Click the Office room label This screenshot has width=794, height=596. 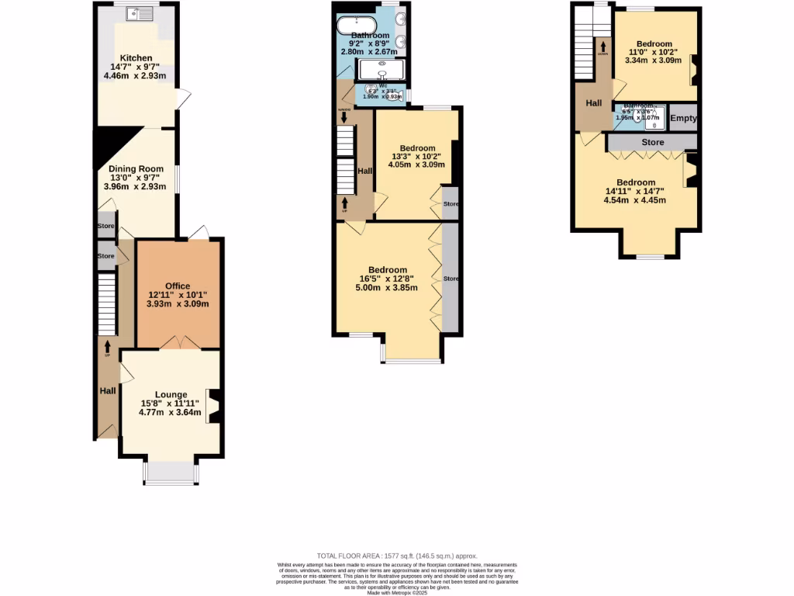[x=177, y=286]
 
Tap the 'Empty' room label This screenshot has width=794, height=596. [x=683, y=118]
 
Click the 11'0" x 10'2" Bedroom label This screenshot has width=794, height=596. [x=654, y=44]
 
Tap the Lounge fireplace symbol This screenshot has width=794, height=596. [x=214, y=406]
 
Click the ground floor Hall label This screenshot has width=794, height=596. [x=108, y=391]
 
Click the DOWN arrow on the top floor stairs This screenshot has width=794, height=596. [x=602, y=50]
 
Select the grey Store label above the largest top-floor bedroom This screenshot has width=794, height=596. [x=653, y=143]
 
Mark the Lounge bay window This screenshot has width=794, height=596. [x=170, y=473]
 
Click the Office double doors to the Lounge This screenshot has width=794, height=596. [x=178, y=342]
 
